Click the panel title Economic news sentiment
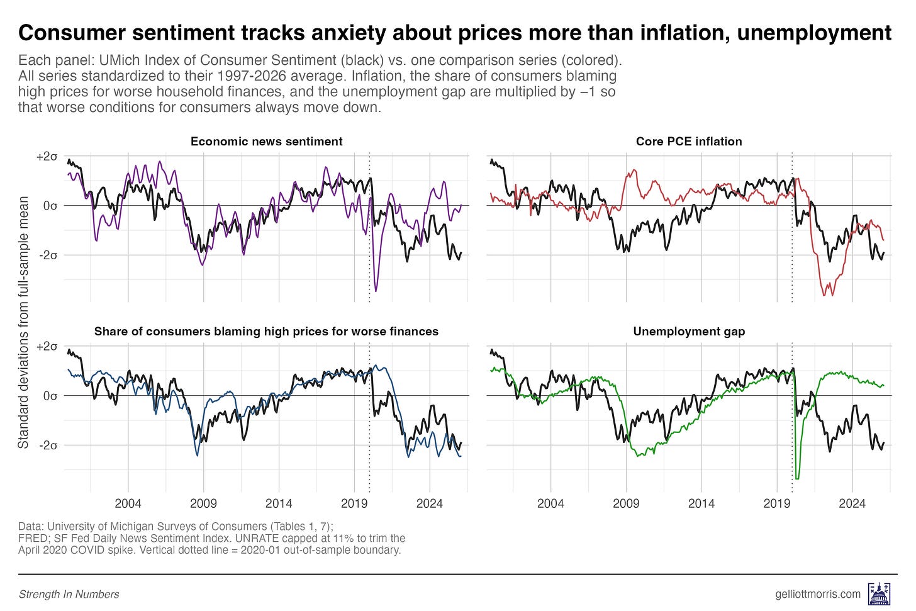[x=266, y=142]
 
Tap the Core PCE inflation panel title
[x=689, y=142]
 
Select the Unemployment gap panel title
[x=689, y=332]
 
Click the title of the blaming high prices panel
[x=266, y=332]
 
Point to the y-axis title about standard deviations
[x=23, y=322]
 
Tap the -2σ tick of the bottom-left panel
[x=48, y=446]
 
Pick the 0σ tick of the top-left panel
[x=50, y=206]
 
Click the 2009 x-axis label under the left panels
[x=203, y=503]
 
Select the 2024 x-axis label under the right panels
[x=852, y=503]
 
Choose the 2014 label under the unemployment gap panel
[x=701, y=503]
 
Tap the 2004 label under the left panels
[x=128, y=503]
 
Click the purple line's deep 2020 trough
[x=376, y=290]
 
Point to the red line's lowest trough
[x=825, y=294]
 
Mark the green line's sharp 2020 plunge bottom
[x=797, y=478]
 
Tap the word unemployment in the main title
[x=814, y=33]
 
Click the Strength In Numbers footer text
[x=69, y=594]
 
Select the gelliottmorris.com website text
[x=818, y=594]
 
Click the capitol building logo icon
[x=878, y=593]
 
